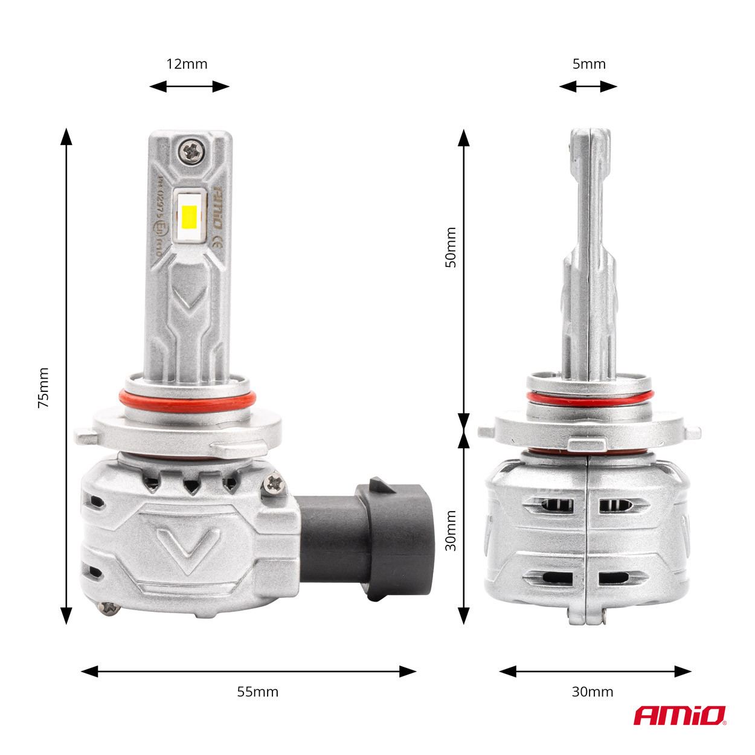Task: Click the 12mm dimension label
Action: [187, 64]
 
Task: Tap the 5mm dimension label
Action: [588, 64]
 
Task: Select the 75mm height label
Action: [43, 387]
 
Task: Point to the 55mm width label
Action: [258, 692]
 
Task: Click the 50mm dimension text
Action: [451, 248]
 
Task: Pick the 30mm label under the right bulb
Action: [592, 692]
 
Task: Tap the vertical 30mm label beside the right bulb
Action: [451, 530]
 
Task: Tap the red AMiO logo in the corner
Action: [679, 716]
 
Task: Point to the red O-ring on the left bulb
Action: [187, 399]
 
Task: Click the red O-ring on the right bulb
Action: [589, 398]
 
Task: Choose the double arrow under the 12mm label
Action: [189, 86]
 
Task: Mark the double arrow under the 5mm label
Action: [588, 86]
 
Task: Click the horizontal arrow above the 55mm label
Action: [248, 671]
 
